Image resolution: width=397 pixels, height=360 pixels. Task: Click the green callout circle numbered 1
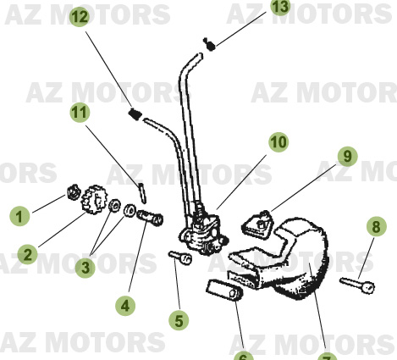click(x=19, y=216)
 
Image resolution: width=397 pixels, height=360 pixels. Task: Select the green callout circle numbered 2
click(x=29, y=253)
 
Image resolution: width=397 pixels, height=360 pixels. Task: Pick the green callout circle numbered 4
click(x=125, y=303)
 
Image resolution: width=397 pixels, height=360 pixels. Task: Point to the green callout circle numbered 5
click(x=178, y=319)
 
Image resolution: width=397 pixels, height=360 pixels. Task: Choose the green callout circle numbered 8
click(x=373, y=226)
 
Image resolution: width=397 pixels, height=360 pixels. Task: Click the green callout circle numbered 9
click(x=345, y=156)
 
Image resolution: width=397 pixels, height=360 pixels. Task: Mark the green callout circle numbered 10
click(x=278, y=142)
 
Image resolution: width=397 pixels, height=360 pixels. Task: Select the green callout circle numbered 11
click(x=80, y=112)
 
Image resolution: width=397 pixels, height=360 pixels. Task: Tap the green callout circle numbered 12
click(x=79, y=16)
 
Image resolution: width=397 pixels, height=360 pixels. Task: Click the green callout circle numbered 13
click(x=280, y=8)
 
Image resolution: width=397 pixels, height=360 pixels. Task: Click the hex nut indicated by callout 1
click(x=73, y=197)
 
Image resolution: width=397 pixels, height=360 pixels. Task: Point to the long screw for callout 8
click(x=356, y=284)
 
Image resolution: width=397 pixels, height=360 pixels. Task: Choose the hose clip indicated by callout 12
click(x=134, y=114)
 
